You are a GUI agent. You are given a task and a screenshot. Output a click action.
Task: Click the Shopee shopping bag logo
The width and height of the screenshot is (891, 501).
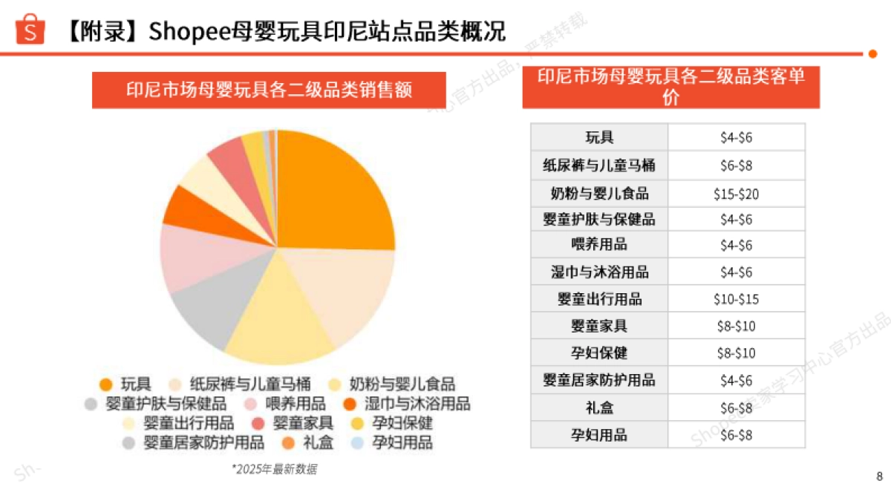tap(30, 29)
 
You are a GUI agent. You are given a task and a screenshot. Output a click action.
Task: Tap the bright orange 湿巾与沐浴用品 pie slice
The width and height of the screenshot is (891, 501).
tap(180, 206)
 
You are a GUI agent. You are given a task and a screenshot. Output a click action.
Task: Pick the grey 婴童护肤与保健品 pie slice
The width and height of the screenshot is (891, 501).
tap(200, 315)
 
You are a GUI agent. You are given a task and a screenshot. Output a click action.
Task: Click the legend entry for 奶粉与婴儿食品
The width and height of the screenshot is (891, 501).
tap(401, 384)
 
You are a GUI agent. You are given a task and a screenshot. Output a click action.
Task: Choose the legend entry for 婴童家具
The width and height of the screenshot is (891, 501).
tap(301, 423)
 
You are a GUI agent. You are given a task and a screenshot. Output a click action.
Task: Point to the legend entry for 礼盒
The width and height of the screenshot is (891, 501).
tap(316, 443)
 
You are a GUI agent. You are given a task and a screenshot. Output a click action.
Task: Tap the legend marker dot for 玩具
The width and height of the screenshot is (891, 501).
tap(105, 384)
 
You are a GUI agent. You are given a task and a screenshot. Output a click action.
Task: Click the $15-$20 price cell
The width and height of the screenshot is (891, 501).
tap(736, 194)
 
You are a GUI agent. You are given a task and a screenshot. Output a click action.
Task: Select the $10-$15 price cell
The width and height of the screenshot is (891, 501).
tap(736, 300)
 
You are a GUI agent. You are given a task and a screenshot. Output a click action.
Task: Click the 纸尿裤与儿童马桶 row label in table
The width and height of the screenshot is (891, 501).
tap(599, 165)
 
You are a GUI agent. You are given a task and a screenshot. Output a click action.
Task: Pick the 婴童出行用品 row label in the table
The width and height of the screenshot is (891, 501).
tap(599, 300)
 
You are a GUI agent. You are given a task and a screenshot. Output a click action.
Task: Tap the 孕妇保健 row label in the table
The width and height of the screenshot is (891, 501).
tap(599, 353)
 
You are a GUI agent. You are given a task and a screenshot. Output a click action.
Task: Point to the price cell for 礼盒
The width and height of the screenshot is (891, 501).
tap(736, 408)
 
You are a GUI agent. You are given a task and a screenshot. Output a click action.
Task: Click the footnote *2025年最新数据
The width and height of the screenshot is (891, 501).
tap(275, 469)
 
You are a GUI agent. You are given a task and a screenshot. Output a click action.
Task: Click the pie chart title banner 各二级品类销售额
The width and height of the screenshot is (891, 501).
tap(269, 90)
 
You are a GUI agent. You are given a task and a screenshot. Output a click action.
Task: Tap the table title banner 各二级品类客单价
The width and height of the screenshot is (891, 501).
tap(670, 87)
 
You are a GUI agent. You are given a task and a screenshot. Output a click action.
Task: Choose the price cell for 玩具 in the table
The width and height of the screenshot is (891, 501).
tap(736, 137)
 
